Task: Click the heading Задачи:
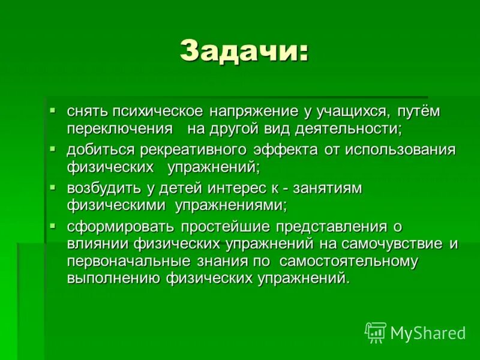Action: (x=244, y=52)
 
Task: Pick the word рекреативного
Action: (x=199, y=149)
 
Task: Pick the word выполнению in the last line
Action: (x=113, y=278)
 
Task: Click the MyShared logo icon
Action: (x=376, y=332)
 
